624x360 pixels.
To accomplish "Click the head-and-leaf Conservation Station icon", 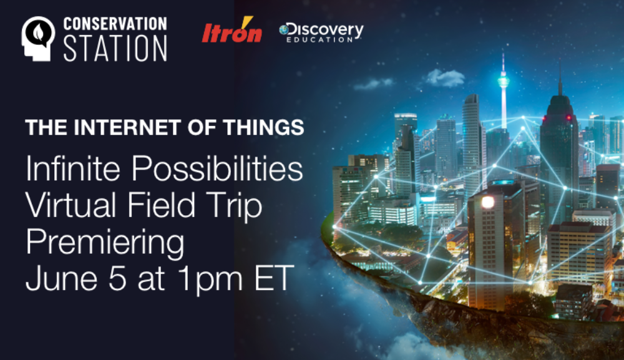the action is coord(38,39).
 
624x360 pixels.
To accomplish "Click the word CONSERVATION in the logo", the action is coord(115,24).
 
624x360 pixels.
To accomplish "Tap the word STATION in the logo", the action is coord(115,48).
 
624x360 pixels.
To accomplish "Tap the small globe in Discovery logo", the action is coord(284,29).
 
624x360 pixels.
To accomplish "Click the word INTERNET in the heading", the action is coord(127,128).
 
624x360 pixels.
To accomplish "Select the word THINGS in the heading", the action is coord(263,128).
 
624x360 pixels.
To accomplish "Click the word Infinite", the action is coord(73,168).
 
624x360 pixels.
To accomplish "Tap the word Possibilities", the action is coord(217,169).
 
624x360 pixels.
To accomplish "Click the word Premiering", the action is coord(105,243).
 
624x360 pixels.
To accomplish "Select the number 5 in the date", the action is coord(117,278).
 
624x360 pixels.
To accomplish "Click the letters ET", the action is coord(274,278).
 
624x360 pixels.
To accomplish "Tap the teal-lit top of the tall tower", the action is coord(504,80).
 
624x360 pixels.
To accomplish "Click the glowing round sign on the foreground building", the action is coord(488,203).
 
